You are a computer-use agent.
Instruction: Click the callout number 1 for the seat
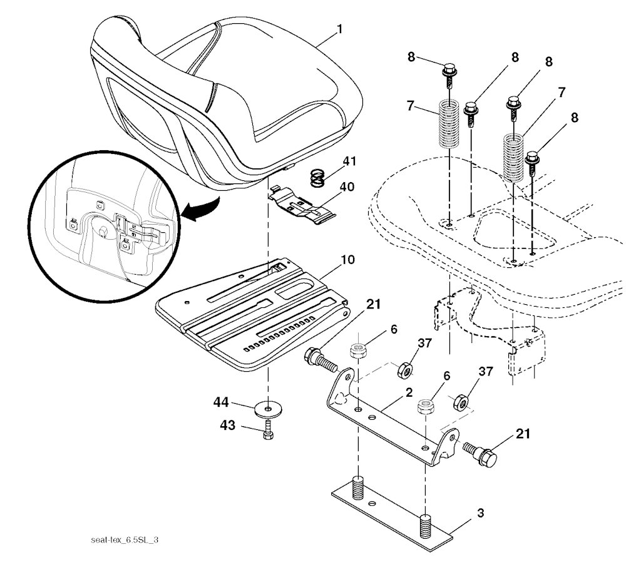[339, 30]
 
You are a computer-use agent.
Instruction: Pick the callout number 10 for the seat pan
[347, 260]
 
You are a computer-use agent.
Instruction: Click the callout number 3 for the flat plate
[481, 513]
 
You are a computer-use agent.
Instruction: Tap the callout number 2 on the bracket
[409, 392]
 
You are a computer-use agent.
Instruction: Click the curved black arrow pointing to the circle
[200, 208]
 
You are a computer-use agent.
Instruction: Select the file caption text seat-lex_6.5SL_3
[125, 540]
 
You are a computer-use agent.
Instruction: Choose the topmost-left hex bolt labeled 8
[449, 76]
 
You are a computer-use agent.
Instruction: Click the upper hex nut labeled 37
[405, 369]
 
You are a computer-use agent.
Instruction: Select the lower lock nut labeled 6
[424, 407]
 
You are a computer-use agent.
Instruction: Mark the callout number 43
[228, 426]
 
